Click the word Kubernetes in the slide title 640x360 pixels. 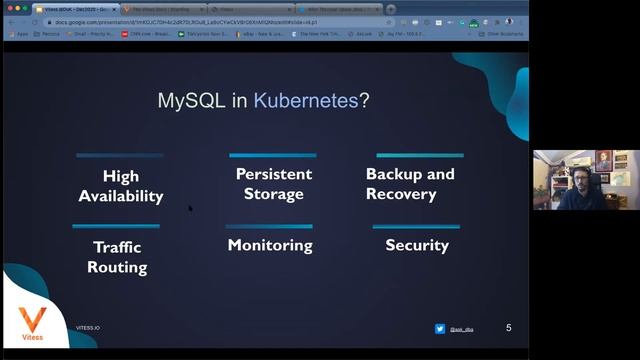[x=306, y=101]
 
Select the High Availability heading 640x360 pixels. [x=121, y=186]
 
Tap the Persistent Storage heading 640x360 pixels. [x=273, y=184]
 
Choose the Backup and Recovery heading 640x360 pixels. [x=410, y=184]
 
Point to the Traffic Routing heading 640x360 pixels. [x=117, y=257]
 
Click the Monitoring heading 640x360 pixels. [x=270, y=245]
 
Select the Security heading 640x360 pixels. [x=416, y=245]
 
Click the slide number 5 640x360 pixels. [x=509, y=328]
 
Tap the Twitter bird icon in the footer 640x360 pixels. [x=440, y=329]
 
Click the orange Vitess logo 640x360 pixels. [x=33, y=321]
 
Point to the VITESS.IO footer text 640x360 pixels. [x=88, y=328]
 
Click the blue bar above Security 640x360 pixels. [x=416, y=227]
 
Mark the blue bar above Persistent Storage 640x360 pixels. [x=273, y=156]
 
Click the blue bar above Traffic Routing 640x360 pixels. [x=116, y=227]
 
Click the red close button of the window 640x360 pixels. [x=7, y=8]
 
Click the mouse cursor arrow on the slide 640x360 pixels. [x=190, y=209]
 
